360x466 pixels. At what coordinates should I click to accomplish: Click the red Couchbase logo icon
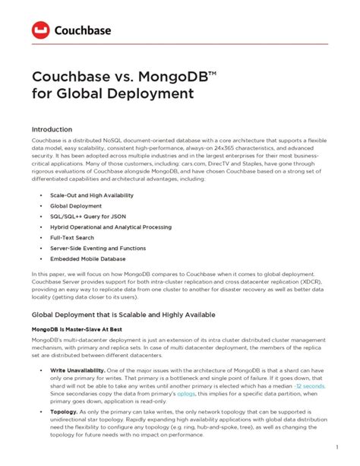coord(41,30)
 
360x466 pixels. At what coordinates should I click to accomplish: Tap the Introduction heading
coord(52,130)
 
